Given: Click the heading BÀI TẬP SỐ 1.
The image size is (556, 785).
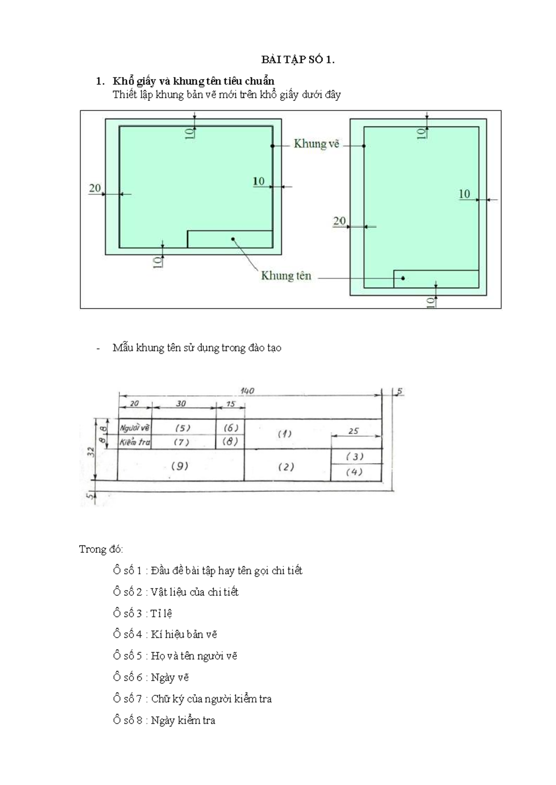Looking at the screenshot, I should tap(297, 60).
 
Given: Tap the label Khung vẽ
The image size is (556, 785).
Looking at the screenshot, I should tap(316, 144).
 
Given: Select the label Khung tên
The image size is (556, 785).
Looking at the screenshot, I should tap(286, 276).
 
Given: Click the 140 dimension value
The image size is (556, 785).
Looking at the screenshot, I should tap(247, 391).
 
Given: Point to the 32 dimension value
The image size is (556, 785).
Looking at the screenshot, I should tap(92, 451).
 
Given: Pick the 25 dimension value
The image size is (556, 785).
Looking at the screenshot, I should tap(354, 431).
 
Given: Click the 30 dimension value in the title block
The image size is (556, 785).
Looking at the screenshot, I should tap(181, 404).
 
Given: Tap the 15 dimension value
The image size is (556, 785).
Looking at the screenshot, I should tap(231, 404).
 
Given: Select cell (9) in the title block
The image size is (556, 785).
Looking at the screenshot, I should tap(180, 466).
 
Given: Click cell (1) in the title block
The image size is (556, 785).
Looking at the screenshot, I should tap(284, 434).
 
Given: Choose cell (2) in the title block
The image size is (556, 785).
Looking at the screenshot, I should tap(286, 467).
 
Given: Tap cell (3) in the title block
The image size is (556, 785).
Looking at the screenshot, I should tap(355, 456).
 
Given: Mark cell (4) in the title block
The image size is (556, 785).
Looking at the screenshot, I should tap(354, 472).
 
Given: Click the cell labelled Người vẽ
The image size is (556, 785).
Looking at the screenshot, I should tap(135, 428).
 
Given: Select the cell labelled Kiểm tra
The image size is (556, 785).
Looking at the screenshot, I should tap(135, 442).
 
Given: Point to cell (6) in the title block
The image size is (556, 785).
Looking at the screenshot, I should tap(230, 428).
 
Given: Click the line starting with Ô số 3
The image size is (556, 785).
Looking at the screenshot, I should tap(143, 613).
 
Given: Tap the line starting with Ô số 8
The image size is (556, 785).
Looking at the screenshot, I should tap(164, 720).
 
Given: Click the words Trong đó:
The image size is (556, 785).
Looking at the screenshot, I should tap(101, 549).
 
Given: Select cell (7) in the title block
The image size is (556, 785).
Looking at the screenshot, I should tap(182, 442).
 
